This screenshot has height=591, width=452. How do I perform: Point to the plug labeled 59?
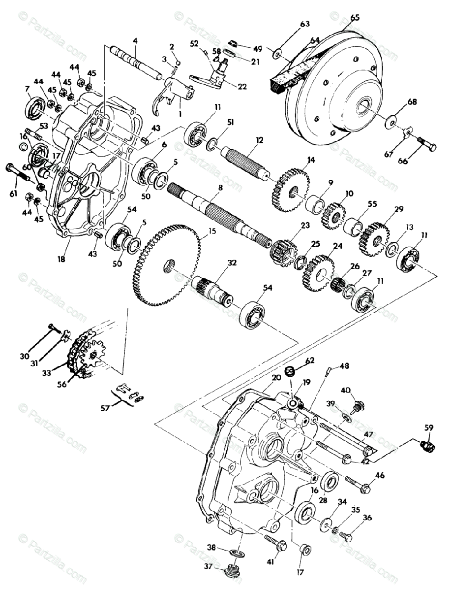426,446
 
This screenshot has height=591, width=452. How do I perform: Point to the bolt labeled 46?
358,485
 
